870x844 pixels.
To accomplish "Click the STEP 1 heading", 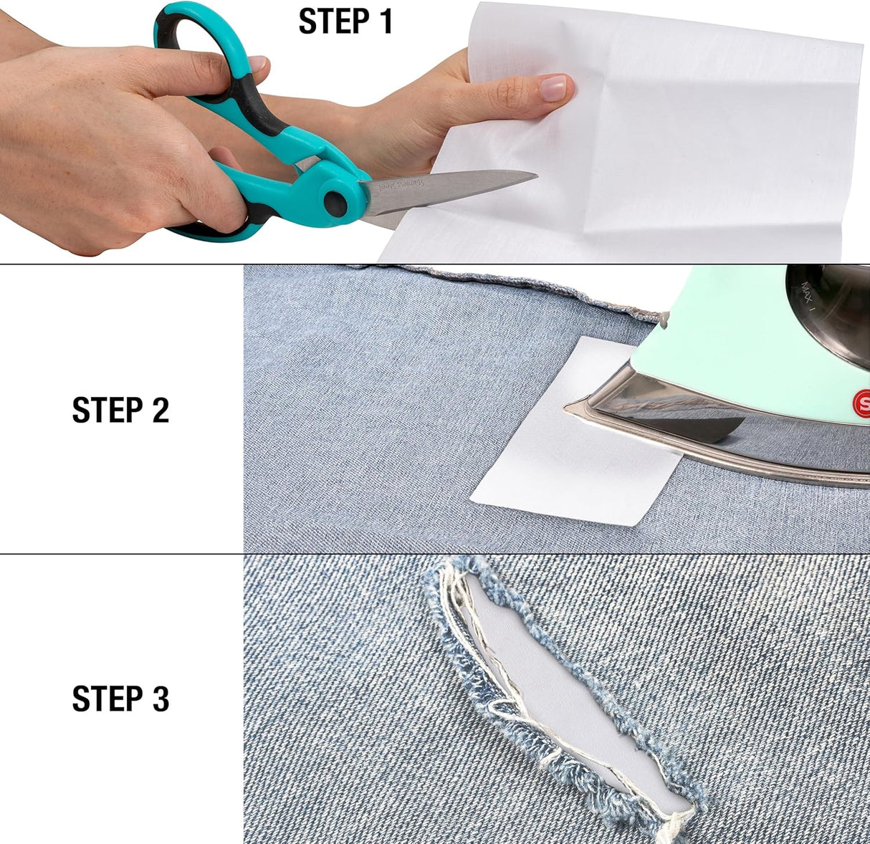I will click(345, 21).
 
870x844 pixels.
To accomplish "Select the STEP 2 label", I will click(120, 411).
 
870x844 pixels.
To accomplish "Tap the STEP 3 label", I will click(120, 699).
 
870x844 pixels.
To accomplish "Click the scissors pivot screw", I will click(334, 201).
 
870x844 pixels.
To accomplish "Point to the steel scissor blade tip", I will click(533, 174).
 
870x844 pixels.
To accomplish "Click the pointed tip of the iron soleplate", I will click(570, 408).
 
